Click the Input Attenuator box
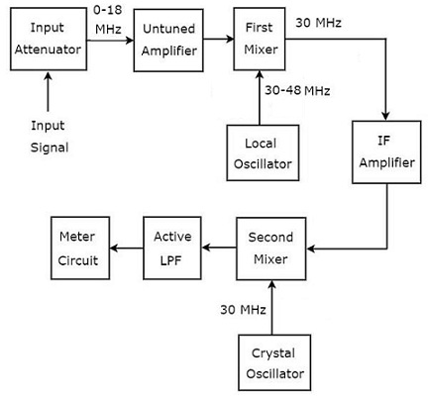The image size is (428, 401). coord(49,39)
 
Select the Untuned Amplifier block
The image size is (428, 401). coord(168,41)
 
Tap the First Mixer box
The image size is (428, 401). coord(260,39)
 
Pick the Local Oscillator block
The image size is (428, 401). coord(263,152)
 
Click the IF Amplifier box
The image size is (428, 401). coord(386,152)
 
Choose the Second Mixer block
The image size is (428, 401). coord(271,249)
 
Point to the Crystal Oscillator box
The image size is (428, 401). coord(274,362)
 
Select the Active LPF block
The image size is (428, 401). coord(172,249)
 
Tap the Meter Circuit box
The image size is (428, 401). coord(80,249)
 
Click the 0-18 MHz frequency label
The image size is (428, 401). coord(108,20)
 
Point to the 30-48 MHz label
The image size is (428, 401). coord(297,90)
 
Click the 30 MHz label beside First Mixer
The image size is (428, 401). coord(318,23)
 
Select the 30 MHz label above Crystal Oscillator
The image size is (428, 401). coord(243,310)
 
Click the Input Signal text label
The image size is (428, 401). coord(50,137)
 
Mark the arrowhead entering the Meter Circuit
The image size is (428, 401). coord(114,248)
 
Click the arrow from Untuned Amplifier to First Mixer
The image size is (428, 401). coord(218,39)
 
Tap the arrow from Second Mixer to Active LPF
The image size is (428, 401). coord(219,248)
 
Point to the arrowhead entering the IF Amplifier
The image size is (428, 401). coord(385,116)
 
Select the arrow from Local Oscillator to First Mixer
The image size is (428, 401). coord(260,98)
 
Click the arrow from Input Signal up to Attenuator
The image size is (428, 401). coord(49,91)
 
